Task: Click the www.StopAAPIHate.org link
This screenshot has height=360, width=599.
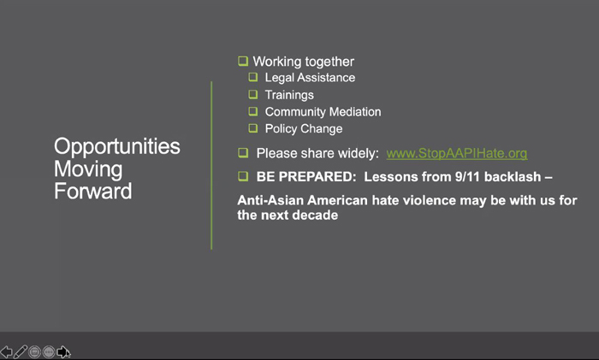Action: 456,153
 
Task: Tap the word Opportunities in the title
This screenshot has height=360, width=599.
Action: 117,147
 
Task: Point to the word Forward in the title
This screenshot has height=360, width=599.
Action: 92,191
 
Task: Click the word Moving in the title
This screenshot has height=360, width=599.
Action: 88,169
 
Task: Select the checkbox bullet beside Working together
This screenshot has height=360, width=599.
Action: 243,61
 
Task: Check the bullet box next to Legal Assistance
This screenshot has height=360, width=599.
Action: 253,77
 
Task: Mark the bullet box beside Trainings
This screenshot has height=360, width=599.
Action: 253,94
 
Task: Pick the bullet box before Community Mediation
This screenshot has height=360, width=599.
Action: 253,111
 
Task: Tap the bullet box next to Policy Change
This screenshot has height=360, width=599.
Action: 253,128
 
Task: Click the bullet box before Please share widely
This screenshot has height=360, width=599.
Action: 243,153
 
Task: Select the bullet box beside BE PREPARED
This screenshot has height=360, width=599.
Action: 243,176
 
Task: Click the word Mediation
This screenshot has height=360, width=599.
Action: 355,112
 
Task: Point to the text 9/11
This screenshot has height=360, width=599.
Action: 467,177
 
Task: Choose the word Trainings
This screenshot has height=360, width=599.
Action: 289,95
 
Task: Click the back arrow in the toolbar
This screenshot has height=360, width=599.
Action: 6,351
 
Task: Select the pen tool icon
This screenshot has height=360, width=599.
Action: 21,351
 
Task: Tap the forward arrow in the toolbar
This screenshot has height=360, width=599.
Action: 63,351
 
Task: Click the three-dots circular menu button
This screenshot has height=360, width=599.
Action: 49,351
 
